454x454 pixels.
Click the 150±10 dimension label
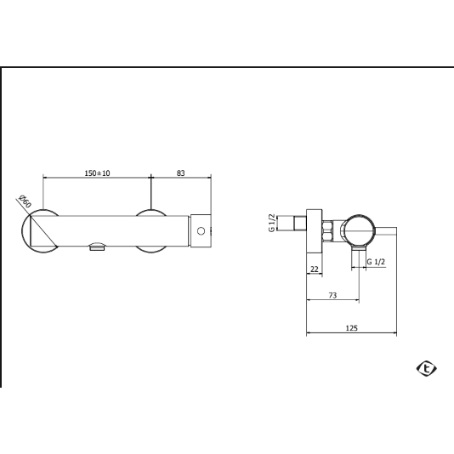(x=97, y=173)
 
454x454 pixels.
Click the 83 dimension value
(x=181, y=173)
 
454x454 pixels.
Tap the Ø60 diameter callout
(x=25, y=201)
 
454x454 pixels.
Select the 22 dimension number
(x=315, y=270)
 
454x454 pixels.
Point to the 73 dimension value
(x=333, y=295)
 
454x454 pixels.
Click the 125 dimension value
(x=352, y=328)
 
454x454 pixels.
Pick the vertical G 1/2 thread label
(x=271, y=223)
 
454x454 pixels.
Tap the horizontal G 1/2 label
(x=376, y=262)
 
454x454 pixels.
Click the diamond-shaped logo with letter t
(x=427, y=368)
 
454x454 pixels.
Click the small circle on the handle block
(x=201, y=231)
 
